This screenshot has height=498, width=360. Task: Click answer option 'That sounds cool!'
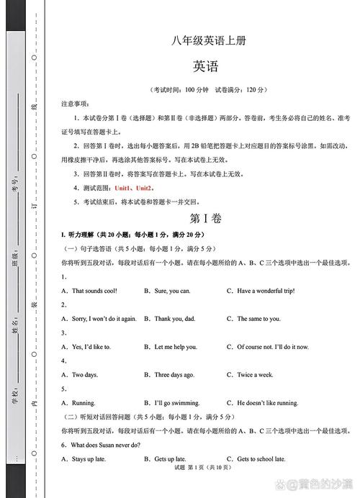click(94, 291)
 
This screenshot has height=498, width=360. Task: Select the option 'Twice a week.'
click(255, 375)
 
